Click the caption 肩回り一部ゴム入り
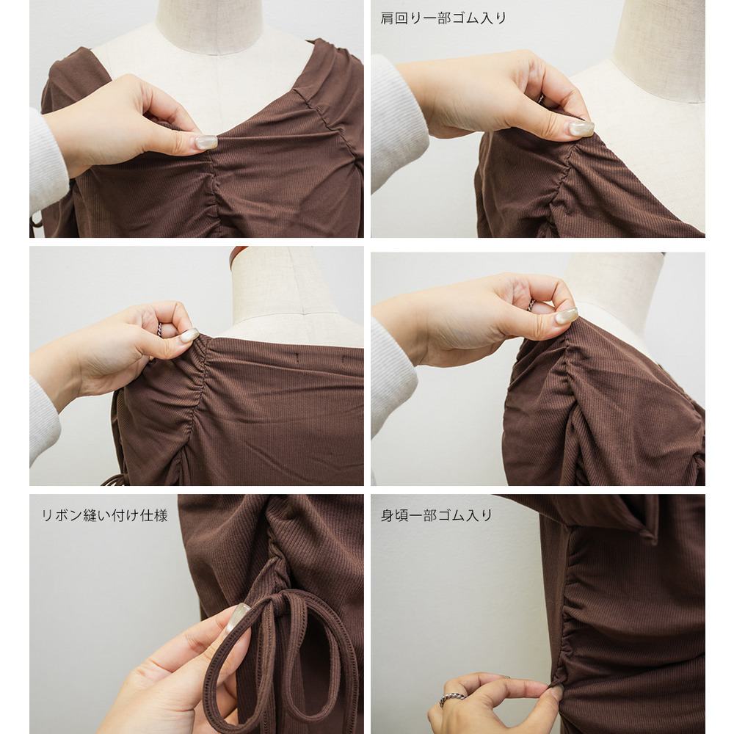[x=443, y=18]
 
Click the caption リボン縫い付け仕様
[x=104, y=515]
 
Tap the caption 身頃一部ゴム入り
[x=436, y=515]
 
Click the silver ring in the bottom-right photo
[x=451, y=699]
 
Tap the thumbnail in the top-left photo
[x=206, y=142]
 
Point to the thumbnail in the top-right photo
[x=581, y=128]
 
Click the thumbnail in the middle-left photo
[x=189, y=335]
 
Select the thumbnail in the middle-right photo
[x=567, y=316]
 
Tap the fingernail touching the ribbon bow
[x=237, y=617]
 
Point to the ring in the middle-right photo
[x=531, y=305]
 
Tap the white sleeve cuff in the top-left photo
[x=48, y=161]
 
